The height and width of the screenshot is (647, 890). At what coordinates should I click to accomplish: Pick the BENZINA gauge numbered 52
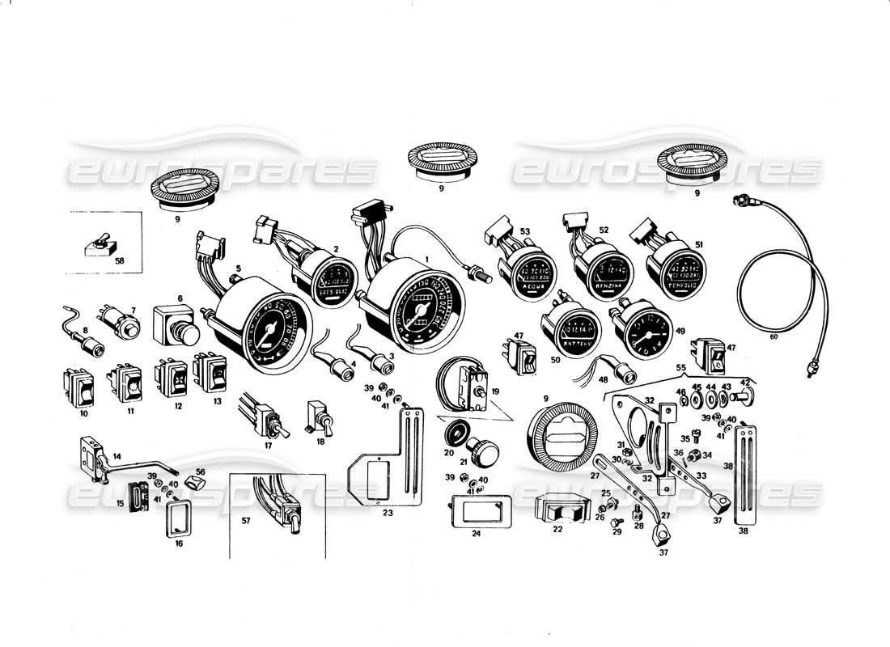pyautogui.click(x=604, y=274)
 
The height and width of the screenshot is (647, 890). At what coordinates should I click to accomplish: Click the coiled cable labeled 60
pyautogui.click(x=781, y=283)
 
